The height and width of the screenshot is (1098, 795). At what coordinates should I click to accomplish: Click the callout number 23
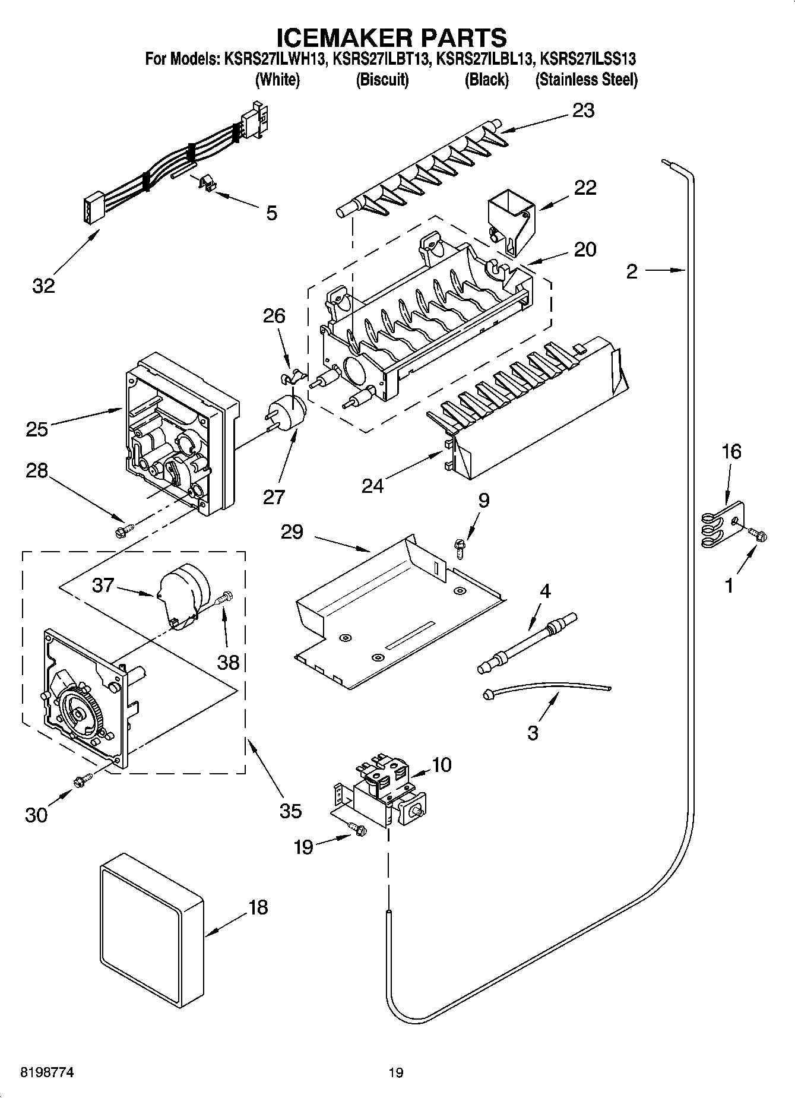tap(583, 111)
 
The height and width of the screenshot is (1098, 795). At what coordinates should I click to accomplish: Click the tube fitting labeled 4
tap(526, 644)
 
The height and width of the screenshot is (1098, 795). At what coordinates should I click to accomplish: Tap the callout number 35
tap(290, 811)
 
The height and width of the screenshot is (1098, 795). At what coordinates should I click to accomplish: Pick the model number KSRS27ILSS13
tap(587, 59)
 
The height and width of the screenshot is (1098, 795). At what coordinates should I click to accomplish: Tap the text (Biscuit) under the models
tap(382, 80)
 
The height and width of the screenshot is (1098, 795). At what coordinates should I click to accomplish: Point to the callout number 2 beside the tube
tap(632, 271)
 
